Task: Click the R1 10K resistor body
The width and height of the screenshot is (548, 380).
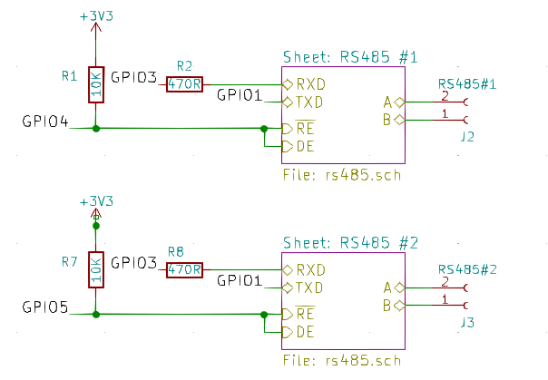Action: point(96,85)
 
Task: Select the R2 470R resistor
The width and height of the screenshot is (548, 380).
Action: point(184,84)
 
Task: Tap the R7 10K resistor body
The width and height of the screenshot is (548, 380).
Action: point(96,270)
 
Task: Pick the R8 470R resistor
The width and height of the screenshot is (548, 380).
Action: point(184,270)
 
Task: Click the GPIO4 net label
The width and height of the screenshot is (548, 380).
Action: point(45,122)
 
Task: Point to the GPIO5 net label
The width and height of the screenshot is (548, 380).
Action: point(45,307)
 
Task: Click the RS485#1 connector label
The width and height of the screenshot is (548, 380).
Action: point(467,84)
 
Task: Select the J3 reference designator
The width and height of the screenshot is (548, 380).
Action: point(467,322)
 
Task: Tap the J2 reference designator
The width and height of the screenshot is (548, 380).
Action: point(467,137)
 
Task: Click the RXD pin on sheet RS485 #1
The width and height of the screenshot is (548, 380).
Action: point(304,84)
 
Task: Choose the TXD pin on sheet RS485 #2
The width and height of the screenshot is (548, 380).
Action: point(303,287)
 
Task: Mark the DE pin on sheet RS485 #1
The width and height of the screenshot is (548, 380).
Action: point(298,146)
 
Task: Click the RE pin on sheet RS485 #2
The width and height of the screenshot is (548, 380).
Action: point(298,314)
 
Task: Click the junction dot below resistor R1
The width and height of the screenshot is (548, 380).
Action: point(96,129)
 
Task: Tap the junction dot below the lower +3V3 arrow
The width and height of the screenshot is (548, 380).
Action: point(96,226)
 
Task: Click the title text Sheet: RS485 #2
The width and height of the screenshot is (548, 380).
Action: point(350,243)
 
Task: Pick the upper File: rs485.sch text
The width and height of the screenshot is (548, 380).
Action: point(342,175)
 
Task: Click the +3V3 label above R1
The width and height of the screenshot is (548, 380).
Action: point(96,16)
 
